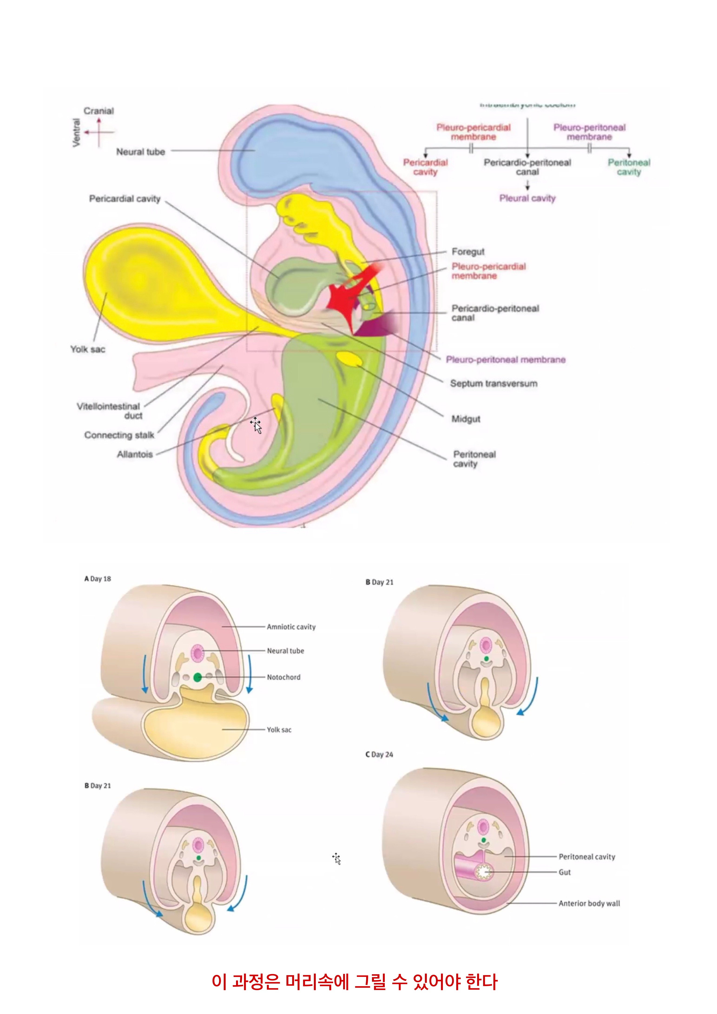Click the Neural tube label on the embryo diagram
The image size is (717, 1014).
pos(140,152)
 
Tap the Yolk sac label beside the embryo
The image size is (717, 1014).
pos(88,349)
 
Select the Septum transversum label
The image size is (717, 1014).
pos(493,383)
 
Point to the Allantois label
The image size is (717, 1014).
pos(135,454)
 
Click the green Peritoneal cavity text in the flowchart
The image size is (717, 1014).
pos(629,167)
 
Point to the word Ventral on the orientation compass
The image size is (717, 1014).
pos(76,132)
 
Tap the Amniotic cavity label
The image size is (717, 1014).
pos(291,627)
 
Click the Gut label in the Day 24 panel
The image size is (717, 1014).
pos(565,872)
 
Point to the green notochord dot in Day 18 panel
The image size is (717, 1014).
pos(197,677)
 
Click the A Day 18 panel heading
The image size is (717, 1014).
pos(98,579)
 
